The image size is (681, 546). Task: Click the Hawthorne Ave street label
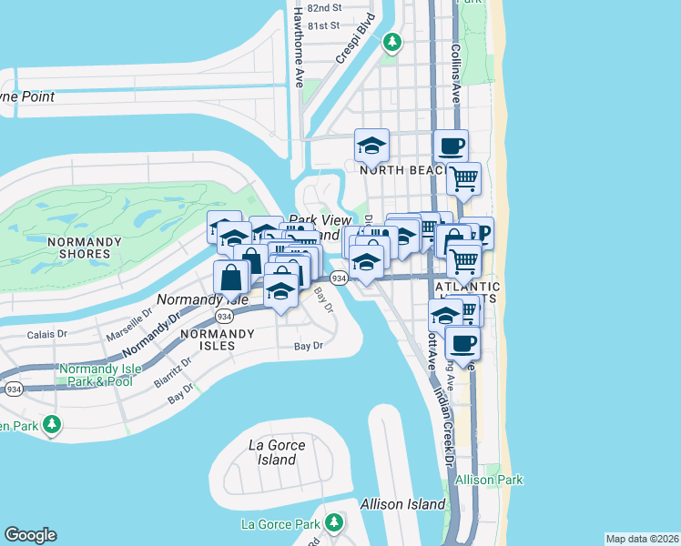(299, 55)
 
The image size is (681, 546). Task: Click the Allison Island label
(402, 503)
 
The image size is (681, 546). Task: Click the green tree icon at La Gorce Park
(334, 522)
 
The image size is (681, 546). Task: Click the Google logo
(30, 535)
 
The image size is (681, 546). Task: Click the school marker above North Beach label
(371, 146)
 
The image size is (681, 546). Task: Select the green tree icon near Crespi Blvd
(391, 41)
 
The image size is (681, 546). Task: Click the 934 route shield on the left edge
(13, 389)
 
